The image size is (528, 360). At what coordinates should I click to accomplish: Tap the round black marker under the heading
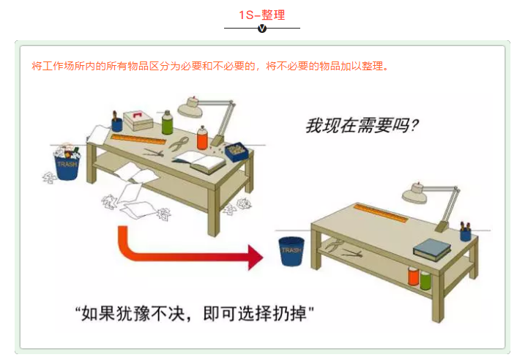click(262, 29)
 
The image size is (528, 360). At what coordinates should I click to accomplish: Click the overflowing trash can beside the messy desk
click(67, 164)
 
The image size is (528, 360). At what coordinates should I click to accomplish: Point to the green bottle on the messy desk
click(167, 123)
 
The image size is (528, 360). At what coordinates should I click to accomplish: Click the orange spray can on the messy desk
click(202, 138)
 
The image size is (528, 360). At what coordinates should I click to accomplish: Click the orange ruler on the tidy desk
click(381, 214)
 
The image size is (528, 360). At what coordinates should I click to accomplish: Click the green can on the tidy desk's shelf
click(425, 279)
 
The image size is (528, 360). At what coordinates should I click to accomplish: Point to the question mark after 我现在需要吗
click(414, 127)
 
